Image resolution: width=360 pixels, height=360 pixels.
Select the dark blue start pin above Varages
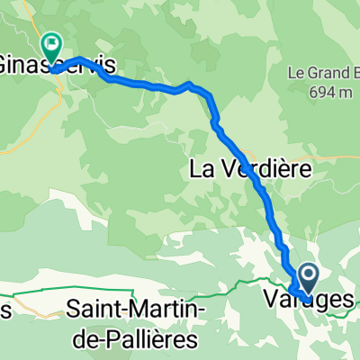308,274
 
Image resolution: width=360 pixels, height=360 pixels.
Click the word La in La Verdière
202,168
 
